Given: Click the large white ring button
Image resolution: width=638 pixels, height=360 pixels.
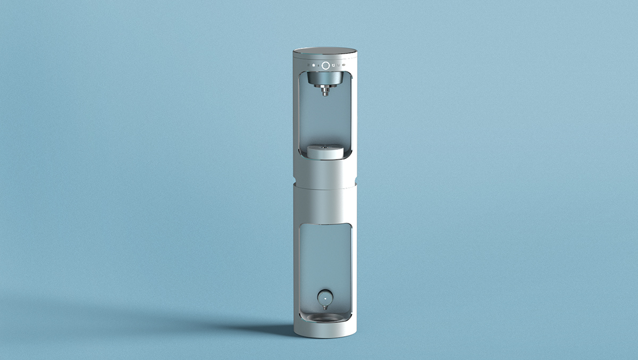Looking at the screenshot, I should (x=325, y=65).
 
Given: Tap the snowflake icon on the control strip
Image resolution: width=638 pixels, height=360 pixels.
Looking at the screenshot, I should (x=313, y=65).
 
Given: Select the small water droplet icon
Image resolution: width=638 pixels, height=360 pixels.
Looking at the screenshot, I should (x=318, y=65).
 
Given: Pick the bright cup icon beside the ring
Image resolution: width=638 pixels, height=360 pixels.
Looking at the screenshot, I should (x=333, y=65).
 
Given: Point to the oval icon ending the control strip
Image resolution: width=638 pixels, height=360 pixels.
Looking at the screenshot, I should (x=345, y=65).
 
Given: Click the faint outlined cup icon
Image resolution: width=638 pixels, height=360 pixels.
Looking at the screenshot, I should (x=339, y=65).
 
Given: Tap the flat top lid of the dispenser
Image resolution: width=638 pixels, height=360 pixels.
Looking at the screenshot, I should (x=325, y=52).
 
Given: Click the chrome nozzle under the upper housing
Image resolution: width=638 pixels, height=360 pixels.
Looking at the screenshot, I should (x=325, y=92).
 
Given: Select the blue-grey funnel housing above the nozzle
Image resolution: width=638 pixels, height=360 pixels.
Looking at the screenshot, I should (x=325, y=79).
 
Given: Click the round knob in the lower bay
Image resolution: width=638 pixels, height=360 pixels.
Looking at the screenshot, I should (x=324, y=296).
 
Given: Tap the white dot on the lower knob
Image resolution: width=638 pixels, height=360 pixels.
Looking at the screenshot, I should (x=324, y=294).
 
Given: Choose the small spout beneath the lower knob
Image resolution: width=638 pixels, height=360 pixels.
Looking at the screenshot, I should (x=324, y=306).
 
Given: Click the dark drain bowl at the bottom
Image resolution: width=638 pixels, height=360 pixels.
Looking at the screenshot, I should (x=325, y=317).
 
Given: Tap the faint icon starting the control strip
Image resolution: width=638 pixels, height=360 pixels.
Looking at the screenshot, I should (x=308, y=65).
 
